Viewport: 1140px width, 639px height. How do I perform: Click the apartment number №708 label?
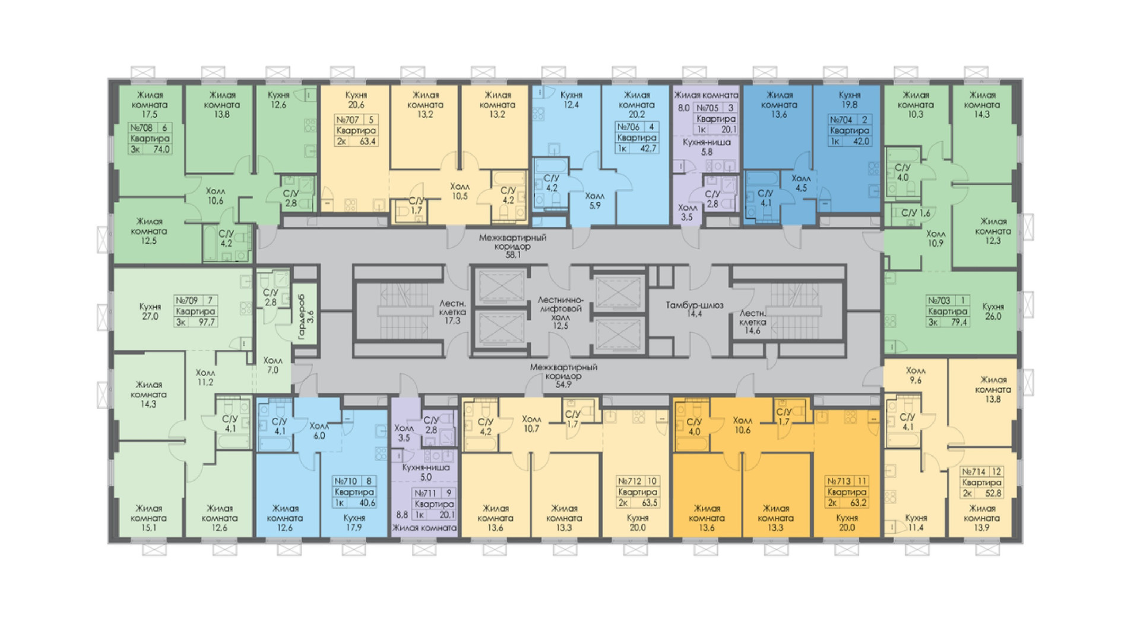141,128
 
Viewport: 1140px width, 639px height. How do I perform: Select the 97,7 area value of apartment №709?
207,322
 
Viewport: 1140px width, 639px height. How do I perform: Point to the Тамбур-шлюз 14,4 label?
694,309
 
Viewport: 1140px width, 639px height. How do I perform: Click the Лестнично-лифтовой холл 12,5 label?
560,313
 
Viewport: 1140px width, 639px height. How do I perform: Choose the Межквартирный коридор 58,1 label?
512,246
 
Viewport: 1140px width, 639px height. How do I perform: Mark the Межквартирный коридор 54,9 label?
563,376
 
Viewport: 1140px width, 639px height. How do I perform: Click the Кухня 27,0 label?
150,311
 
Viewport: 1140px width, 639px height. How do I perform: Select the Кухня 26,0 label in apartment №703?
993,311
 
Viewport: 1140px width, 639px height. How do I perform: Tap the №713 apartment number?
839,481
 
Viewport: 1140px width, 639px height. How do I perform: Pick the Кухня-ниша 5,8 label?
707,147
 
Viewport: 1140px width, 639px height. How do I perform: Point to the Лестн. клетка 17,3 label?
452,311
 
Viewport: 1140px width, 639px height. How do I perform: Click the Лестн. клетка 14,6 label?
752,322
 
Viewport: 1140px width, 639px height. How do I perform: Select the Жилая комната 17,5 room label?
150,105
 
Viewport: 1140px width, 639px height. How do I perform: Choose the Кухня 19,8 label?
849,100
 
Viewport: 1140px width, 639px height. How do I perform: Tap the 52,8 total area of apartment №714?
993,493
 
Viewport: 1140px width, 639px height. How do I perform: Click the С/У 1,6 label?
916,213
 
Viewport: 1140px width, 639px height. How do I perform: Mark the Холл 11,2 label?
205,377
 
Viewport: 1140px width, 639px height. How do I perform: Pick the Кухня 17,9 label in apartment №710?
354,522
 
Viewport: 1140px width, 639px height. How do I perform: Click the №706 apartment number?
628,127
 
